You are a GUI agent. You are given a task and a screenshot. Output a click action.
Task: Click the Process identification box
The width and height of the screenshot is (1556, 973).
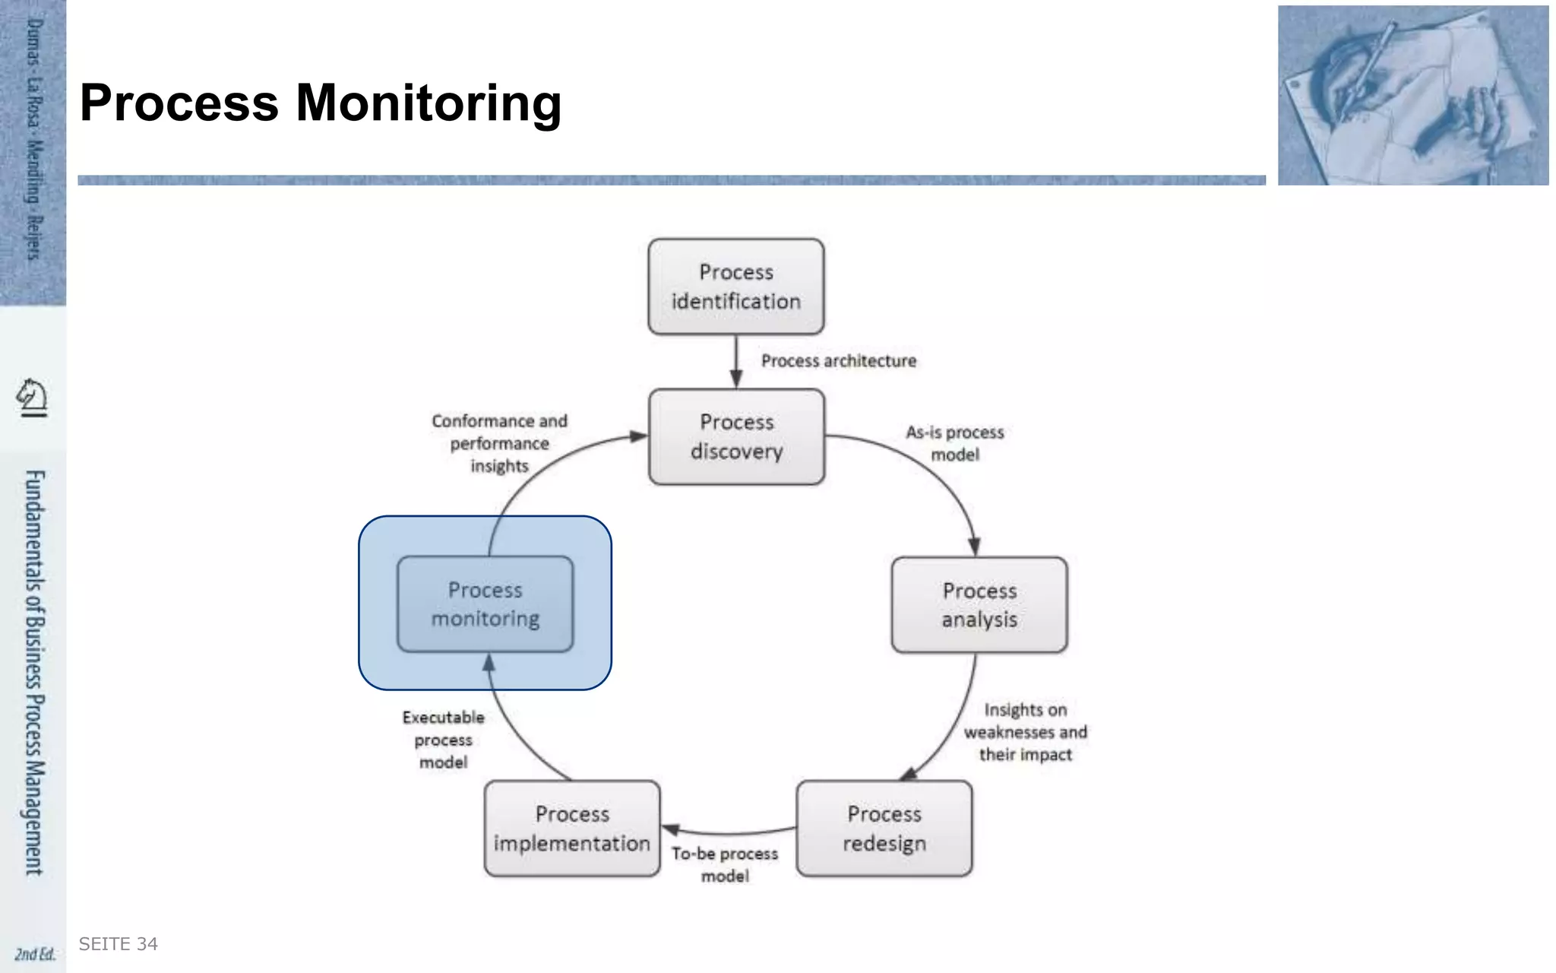(x=735, y=287)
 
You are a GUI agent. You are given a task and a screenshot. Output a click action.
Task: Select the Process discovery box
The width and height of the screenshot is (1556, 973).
(x=736, y=436)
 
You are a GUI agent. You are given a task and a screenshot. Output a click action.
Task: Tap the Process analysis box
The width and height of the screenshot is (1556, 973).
(x=979, y=605)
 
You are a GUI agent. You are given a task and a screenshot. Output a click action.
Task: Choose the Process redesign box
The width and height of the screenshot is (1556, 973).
(x=884, y=829)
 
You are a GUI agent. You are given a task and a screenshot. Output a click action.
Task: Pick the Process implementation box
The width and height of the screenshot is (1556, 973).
(x=572, y=829)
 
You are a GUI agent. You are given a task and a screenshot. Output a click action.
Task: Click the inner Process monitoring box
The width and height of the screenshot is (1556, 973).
(x=485, y=604)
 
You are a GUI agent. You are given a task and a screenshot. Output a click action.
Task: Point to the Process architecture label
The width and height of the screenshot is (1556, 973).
(x=839, y=361)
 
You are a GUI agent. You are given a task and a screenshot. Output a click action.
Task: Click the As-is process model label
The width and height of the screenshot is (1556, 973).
(x=955, y=443)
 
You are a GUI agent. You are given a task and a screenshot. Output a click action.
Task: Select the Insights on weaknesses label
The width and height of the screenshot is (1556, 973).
(x=1025, y=732)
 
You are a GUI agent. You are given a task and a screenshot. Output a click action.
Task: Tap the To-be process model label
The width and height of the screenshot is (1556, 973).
(x=725, y=864)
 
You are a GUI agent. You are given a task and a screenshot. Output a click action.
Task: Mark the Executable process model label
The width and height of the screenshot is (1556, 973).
(x=443, y=740)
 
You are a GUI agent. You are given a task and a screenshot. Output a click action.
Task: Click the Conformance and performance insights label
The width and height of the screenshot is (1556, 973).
(x=499, y=443)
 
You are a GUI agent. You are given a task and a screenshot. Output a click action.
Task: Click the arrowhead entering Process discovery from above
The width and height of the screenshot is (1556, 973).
(x=735, y=379)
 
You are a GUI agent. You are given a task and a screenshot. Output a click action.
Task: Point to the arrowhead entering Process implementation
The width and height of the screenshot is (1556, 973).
(x=670, y=829)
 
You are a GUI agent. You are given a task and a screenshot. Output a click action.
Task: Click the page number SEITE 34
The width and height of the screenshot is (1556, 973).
(x=118, y=944)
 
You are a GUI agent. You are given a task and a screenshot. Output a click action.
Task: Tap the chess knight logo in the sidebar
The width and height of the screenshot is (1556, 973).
(x=32, y=398)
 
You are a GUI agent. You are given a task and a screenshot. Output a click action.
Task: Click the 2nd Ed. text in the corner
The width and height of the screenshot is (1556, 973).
(x=35, y=954)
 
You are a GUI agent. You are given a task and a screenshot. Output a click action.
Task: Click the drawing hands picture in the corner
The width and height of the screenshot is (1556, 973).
(x=1412, y=95)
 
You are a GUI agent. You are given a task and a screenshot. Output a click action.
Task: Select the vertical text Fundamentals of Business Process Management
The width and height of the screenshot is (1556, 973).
(x=34, y=672)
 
